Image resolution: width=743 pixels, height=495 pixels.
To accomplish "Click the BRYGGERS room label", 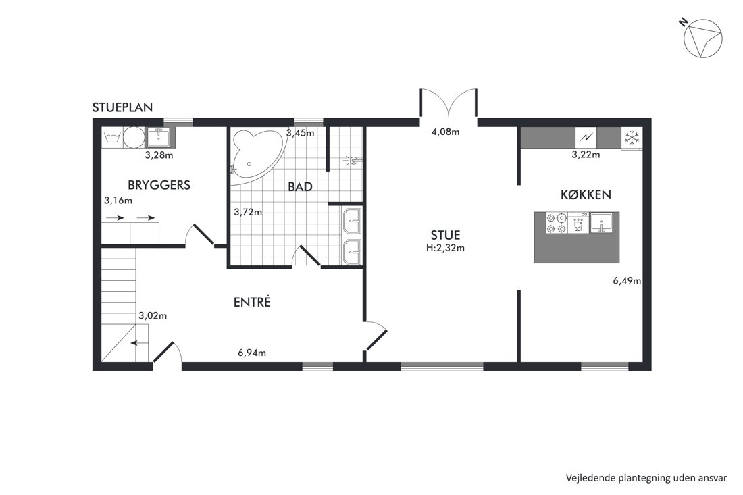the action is [x=159, y=185].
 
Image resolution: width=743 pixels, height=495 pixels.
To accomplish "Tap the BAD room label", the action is [x=301, y=186].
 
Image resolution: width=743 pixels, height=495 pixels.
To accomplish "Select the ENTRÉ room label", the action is [x=252, y=302].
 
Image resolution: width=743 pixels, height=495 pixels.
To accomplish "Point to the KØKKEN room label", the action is [x=586, y=194].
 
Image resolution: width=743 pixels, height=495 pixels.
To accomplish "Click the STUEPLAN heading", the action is [x=122, y=107].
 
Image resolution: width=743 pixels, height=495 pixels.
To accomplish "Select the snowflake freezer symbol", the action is [x=632, y=138].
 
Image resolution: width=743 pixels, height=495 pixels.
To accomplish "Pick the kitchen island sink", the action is [x=601, y=223].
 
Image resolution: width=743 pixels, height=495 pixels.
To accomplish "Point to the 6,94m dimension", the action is [x=252, y=353].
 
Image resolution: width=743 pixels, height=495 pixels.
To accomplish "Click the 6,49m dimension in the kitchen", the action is [x=627, y=280].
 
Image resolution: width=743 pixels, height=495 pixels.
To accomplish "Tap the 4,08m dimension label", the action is [x=445, y=132].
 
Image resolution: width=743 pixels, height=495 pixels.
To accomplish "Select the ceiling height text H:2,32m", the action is [x=445, y=247].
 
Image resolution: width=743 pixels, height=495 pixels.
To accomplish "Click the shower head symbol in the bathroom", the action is [x=353, y=161].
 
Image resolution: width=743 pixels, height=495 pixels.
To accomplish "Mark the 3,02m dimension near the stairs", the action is [x=153, y=315].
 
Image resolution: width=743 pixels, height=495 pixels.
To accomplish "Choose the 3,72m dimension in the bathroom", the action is [x=248, y=212].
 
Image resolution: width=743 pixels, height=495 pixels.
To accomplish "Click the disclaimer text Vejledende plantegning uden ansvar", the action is [x=646, y=478].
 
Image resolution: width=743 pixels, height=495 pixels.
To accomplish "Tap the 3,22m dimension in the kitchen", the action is [x=586, y=155].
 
